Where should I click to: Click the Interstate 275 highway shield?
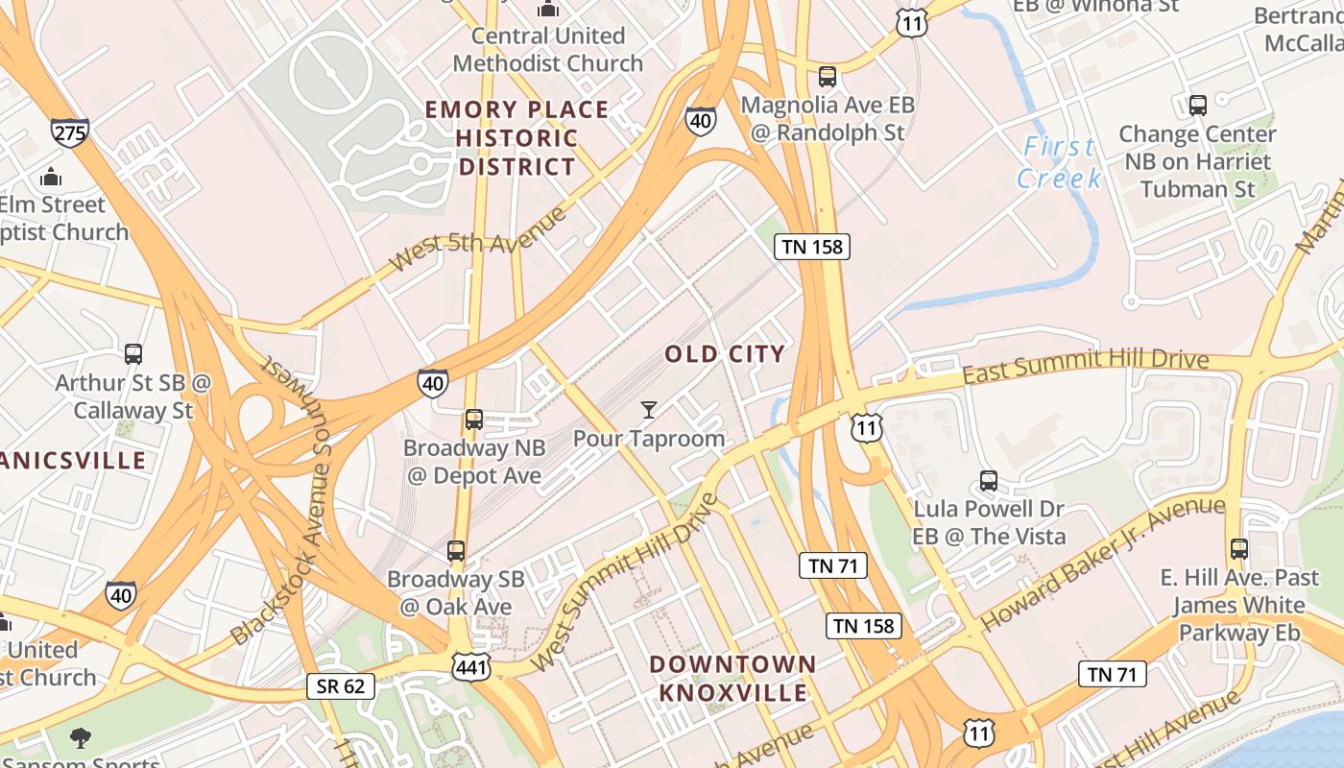click(x=70, y=132)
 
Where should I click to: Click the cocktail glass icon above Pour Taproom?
click(x=649, y=411)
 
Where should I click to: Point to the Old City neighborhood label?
click(x=725, y=353)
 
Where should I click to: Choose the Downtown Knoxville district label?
click(x=732, y=678)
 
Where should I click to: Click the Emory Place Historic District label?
click(x=516, y=138)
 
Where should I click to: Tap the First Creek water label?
click(x=1058, y=162)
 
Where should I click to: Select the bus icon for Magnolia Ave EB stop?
click(x=828, y=77)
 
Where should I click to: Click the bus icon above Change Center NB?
click(x=1197, y=106)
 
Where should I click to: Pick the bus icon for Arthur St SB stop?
click(x=133, y=354)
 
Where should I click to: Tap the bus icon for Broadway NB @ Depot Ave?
click(x=474, y=420)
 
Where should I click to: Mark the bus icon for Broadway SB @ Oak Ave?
click(x=456, y=551)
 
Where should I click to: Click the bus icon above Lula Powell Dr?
click(x=989, y=481)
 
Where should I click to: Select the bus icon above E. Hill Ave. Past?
click(x=1239, y=549)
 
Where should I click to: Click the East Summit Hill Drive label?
click(x=1085, y=365)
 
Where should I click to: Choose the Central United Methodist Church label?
click(x=548, y=50)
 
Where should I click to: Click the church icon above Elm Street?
click(x=51, y=177)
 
